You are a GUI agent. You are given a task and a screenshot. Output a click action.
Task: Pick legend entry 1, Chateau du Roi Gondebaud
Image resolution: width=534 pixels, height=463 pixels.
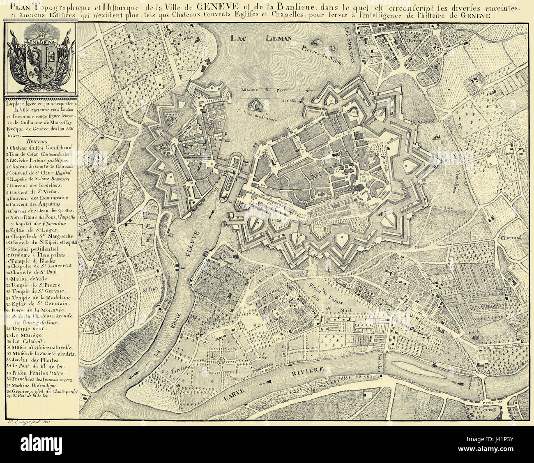pos(36,147)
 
